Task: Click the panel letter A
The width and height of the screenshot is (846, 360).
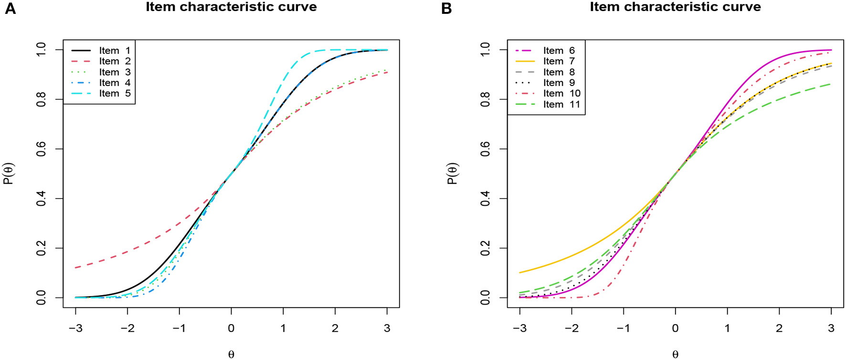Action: point(10,9)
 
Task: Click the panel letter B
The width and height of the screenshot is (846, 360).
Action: point(446,9)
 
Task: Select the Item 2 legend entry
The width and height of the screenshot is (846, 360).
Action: point(115,61)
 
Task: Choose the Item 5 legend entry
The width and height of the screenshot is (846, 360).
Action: point(115,93)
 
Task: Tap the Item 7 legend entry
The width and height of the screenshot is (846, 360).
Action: point(559,61)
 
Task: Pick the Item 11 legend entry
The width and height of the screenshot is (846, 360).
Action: point(561,104)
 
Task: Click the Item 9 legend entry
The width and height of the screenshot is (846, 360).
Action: point(559,83)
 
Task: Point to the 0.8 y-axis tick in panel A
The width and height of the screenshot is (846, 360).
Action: point(42,99)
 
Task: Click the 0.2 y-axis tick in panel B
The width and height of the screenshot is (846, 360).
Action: point(486,248)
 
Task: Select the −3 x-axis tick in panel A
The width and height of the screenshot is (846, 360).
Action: point(75,328)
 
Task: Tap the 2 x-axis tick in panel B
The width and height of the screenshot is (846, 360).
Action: point(779,328)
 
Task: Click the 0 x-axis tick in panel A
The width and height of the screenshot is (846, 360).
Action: point(231,328)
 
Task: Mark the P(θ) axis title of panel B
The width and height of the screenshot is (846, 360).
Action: point(452,173)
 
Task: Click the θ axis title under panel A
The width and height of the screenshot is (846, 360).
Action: point(231,354)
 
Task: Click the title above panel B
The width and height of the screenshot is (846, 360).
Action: point(675,7)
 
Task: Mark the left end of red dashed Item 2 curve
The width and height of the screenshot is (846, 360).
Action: point(76,268)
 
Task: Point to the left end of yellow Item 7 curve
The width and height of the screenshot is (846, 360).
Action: point(520,273)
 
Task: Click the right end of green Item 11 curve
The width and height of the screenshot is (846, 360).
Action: point(831,85)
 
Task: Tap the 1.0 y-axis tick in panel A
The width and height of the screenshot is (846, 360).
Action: point(42,50)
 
